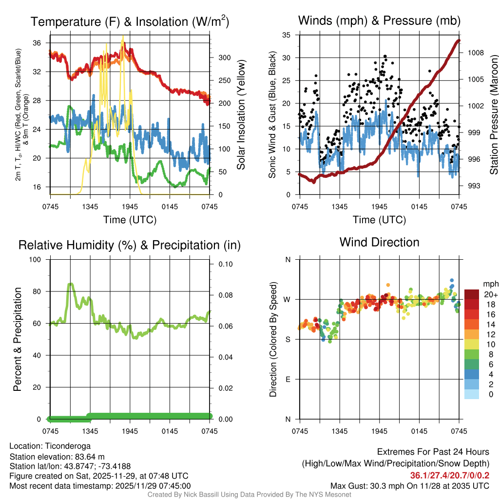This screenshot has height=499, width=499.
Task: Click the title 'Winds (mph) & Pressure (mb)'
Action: point(379,21)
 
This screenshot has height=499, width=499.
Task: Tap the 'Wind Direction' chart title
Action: point(379,242)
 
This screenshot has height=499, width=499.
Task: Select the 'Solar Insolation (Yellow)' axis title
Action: point(241,115)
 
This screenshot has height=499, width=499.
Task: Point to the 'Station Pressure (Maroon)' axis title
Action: point(494,115)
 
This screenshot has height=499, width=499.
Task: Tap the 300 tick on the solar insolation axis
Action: point(224,58)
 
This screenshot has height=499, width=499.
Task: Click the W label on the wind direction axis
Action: point(288,299)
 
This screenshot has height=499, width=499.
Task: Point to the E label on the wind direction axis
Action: point(288,379)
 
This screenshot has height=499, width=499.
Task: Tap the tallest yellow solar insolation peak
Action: point(123,36)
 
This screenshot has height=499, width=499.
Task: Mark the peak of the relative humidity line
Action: point(71,283)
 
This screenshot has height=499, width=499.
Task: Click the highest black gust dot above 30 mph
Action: point(385,56)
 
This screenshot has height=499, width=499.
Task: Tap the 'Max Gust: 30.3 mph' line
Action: point(409,485)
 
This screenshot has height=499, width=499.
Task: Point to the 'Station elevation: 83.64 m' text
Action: point(57,456)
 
